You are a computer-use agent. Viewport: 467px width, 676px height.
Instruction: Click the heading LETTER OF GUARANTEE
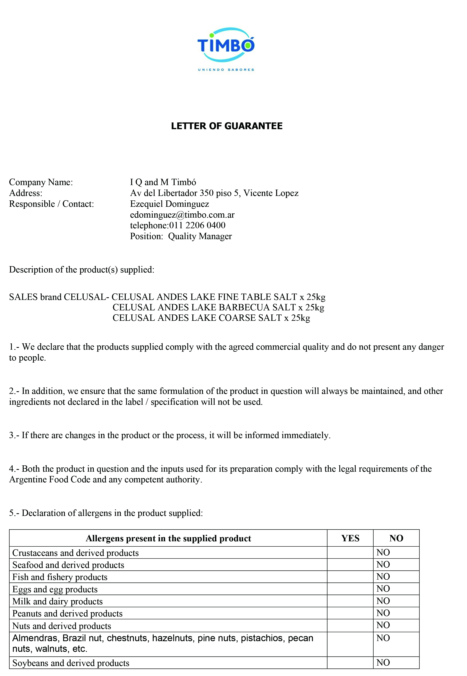227,126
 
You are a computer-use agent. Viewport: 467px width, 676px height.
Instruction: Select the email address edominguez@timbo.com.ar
182,215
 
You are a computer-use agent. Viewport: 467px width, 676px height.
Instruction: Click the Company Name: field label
41,182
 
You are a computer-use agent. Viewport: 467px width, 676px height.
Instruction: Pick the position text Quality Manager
200,236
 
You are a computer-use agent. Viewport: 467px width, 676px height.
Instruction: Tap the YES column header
350,538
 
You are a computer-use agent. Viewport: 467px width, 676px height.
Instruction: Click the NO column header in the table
396,538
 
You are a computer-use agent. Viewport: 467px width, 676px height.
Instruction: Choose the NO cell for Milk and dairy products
383,601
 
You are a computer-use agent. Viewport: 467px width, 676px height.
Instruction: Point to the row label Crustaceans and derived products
76,553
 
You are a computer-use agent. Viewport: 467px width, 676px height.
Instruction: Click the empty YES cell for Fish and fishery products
350,577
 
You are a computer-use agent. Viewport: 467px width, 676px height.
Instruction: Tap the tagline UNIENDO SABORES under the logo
226,70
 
